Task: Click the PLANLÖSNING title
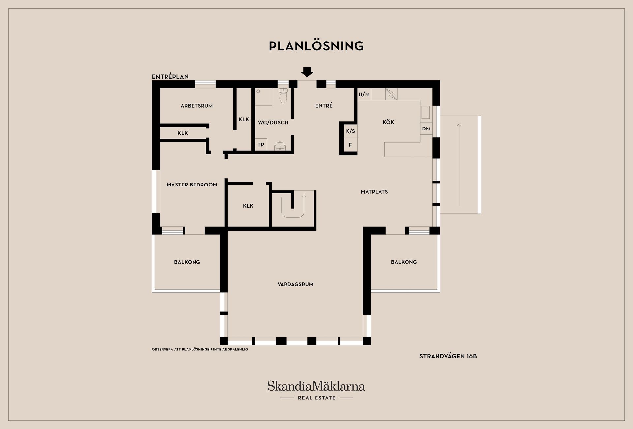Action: coord(316,46)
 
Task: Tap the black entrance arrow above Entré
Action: coord(307,72)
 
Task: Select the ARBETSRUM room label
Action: coord(196,106)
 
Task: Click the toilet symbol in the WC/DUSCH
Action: coord(283,95)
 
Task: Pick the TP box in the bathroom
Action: coord(261,144)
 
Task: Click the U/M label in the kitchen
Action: coord(364,94)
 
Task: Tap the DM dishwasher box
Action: coord(426,129)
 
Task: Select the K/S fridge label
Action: coord(350,131)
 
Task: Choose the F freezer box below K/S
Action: coord(350,145)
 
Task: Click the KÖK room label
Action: coord(388,122)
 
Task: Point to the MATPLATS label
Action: coord(374,192)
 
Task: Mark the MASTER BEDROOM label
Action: coord(192,185)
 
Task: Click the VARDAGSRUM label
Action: coord(295,284)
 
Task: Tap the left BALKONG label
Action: coord(187,262)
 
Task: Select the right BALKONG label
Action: coord(404,262)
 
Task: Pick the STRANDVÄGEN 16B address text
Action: coord(448,356)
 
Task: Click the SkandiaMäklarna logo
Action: coord(316,390)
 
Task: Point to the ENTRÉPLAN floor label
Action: coord(170,77)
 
